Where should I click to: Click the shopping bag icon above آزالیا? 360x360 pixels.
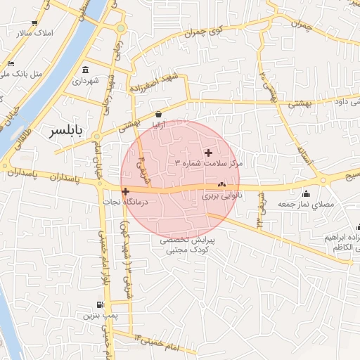[x=158, y=113]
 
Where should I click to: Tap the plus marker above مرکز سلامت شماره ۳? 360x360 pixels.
[x=207, y=153]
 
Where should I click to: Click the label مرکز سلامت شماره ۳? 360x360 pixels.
[x=209, y=163]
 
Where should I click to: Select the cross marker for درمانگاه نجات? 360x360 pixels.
[x=125, y=191]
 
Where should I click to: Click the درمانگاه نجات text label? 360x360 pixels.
[x=142, y=202]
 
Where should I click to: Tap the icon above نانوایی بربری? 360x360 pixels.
[x=222, y=186]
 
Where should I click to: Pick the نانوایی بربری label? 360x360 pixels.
[x=222, y=196]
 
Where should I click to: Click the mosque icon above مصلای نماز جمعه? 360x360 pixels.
[x=305, y=193]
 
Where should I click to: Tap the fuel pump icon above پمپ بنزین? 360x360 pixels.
[x=100, y=305]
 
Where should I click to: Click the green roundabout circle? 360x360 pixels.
[x=121, y=28]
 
